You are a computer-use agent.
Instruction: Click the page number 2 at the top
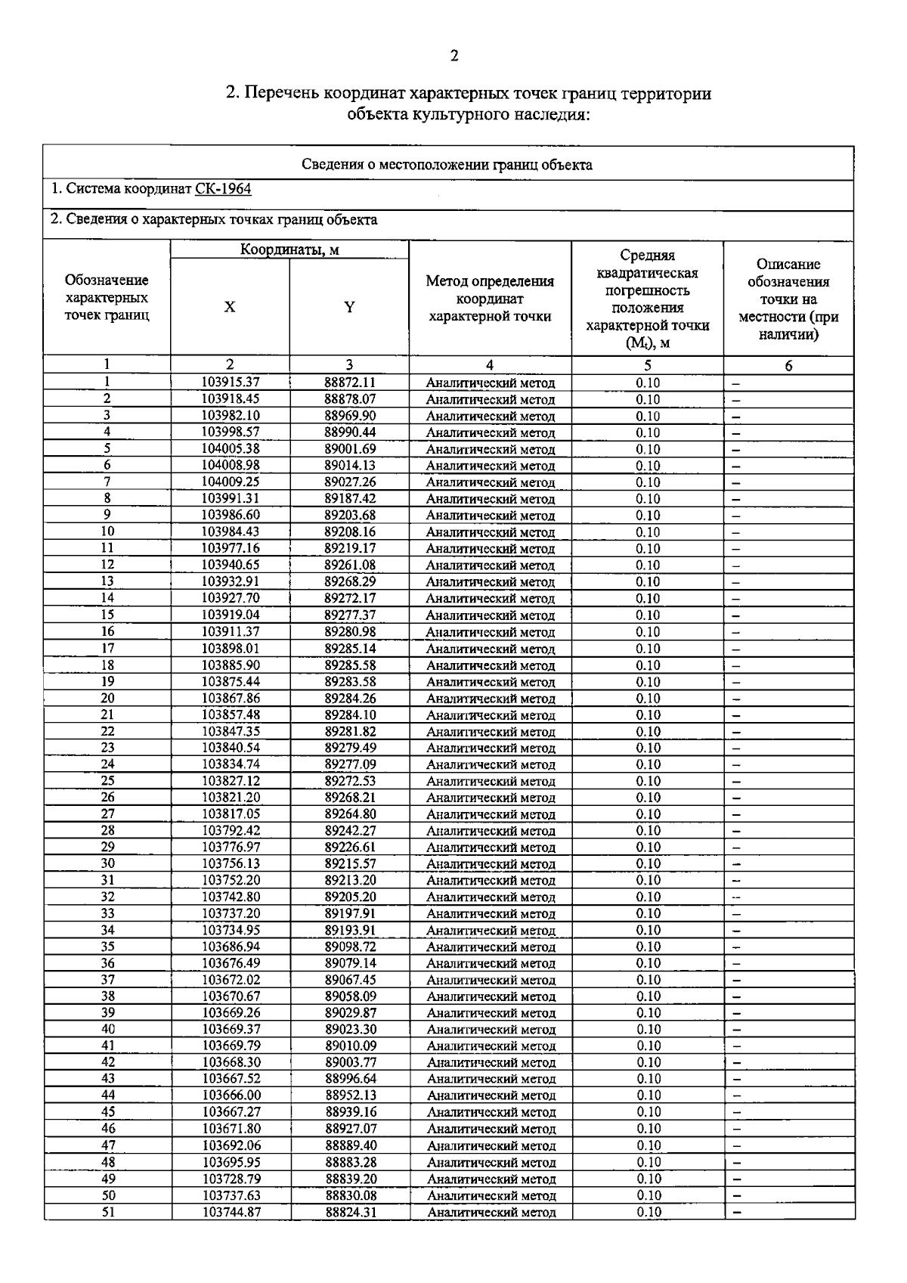tap(453, 56)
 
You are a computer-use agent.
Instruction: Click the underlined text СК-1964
tap(223, 189)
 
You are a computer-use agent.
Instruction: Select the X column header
tap(230, 307)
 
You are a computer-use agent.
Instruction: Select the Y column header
tap(349, 307)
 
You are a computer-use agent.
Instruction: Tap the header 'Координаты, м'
tap(289, 249)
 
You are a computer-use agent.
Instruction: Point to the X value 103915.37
tap(231, 383)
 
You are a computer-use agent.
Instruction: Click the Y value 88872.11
tap(350, 383)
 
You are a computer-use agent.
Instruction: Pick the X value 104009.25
tap(231, 482)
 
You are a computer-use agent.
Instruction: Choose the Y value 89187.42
tap(350, 498)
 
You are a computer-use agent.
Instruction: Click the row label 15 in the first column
tap(107, 615)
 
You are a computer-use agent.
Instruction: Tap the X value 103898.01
tap(231, 648)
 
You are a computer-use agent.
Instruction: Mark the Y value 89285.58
tap(350, 665)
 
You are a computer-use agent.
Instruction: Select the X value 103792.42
tap(231, 830)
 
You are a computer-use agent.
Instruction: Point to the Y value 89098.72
tap(350, 947)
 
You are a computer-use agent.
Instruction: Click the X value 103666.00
tap(231, 1096)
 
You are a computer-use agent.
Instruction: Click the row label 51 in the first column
tap(108, 1212)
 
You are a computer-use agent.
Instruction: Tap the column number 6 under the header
tap(788, 366)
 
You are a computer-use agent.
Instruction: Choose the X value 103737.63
tap(231, 1195)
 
